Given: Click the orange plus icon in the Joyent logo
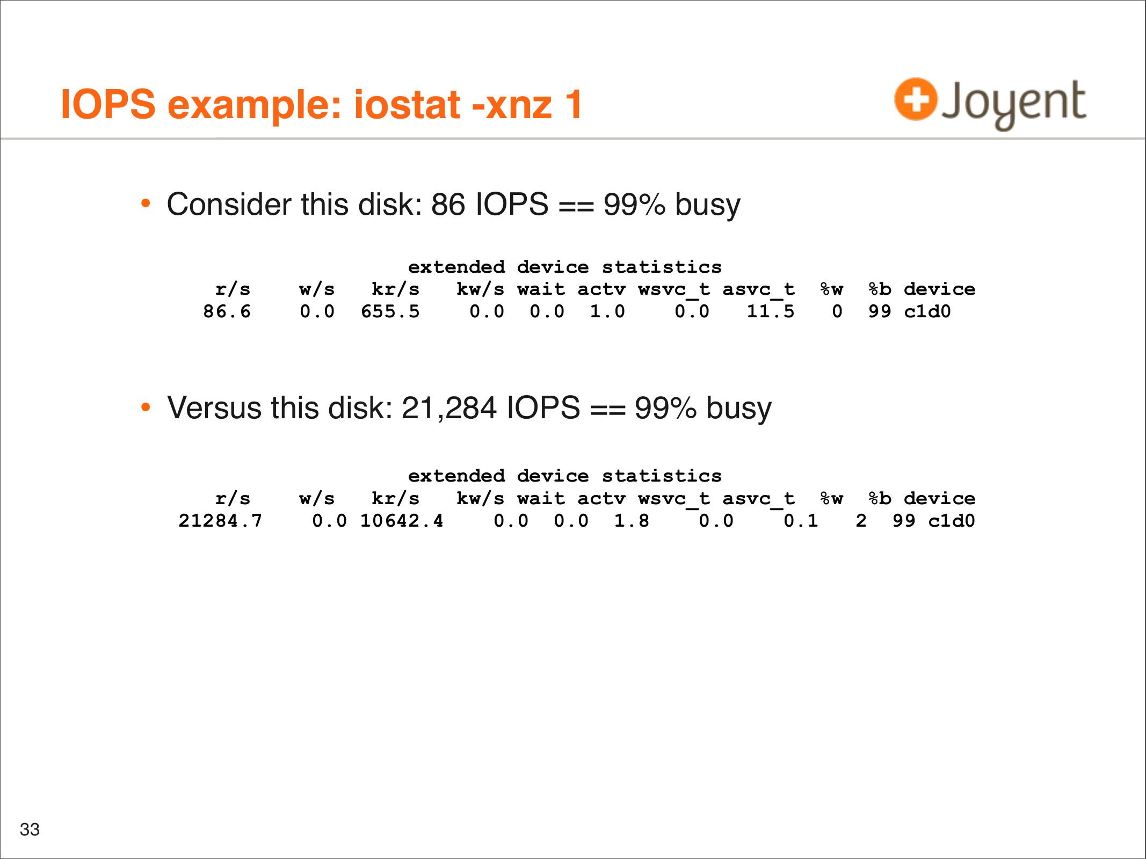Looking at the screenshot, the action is tap(916, 99).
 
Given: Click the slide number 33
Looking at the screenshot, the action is tap(30, 829).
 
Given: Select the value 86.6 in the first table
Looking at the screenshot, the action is tap(227, 311).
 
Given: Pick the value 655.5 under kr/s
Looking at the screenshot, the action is tap(390, 311).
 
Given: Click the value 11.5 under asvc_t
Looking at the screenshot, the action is tap(770, 311).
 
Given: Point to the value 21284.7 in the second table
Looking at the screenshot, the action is tap(220, 521).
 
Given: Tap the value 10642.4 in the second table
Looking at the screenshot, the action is tap(402, 521).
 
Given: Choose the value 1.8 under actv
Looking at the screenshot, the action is tap(632, 521).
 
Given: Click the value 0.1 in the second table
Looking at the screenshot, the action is tap(801, 521).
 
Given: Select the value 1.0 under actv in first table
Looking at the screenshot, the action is tap(607, 311).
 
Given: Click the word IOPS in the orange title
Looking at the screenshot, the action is tap(108, 104).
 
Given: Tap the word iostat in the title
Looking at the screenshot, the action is tap(407, 104).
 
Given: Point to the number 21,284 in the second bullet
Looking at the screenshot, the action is tap(449, 408).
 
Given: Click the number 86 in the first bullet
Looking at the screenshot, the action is tap(448, 205).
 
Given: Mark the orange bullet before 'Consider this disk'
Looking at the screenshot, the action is tap(146, 203).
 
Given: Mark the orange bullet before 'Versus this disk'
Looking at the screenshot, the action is tap(146, 407).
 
